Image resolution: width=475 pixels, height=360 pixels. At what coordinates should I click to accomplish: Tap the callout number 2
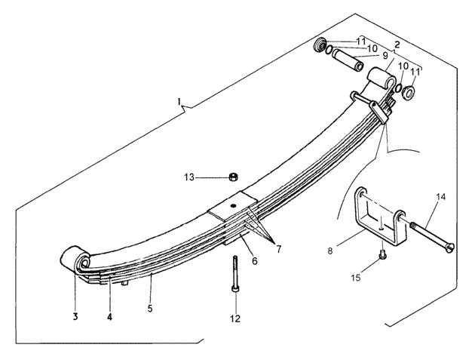tap(397, 45)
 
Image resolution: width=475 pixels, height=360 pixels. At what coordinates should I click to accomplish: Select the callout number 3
tap(75, 316)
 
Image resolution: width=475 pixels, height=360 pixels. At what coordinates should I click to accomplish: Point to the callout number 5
tap(150, 309)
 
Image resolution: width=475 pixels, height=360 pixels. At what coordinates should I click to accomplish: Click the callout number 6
tap(255, 260)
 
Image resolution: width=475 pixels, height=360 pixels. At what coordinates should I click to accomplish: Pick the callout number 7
tap(278, 249)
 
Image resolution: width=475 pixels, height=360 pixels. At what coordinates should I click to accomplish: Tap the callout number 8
tap(330, 251)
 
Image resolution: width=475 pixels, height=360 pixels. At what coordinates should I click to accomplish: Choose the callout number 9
tap(385, 56)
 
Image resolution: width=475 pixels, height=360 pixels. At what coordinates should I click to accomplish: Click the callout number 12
tap(235, 318)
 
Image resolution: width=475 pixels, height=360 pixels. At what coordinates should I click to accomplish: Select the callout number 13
tap(189, 177)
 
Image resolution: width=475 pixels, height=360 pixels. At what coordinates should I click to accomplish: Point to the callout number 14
tap(441, 197)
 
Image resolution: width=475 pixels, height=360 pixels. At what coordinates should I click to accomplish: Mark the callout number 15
tap(356, 278)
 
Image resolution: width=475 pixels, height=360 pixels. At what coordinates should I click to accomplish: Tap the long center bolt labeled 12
tap(235, 274)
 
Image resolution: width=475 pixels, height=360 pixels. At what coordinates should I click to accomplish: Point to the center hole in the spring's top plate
tap(233, 206)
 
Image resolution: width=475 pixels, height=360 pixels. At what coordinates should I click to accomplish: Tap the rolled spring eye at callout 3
tap(75, 259)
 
